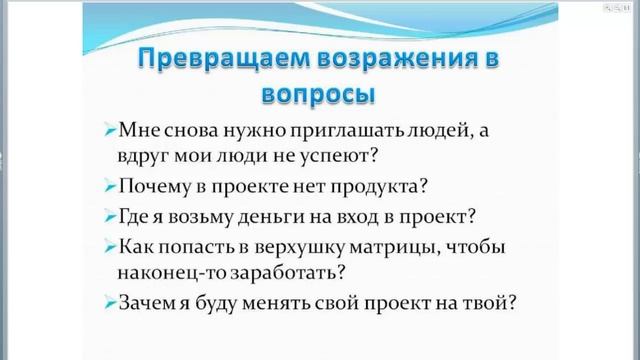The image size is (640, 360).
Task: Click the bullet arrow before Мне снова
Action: tap(109, 132)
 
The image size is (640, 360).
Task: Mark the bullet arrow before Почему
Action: tap(109, 187)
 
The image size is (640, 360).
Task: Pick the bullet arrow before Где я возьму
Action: tap(109, 216)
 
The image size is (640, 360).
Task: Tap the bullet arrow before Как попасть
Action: tap(109, 246)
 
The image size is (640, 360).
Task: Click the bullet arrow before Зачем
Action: tap(109, 301)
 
